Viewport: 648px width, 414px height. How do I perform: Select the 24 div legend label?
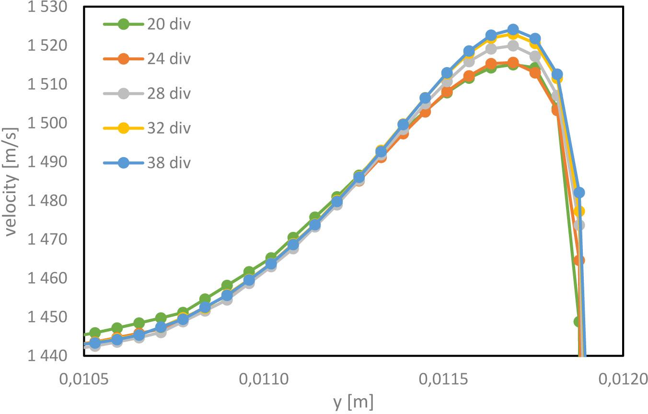168,59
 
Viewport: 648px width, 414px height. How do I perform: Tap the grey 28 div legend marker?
123,93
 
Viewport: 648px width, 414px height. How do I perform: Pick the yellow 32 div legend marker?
123,128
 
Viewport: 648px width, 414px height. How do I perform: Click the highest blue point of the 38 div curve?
513,30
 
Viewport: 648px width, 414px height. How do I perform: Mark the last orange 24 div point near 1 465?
579,260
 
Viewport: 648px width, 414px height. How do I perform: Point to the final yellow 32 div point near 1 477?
579,211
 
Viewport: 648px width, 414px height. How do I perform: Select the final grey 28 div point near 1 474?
579,225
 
